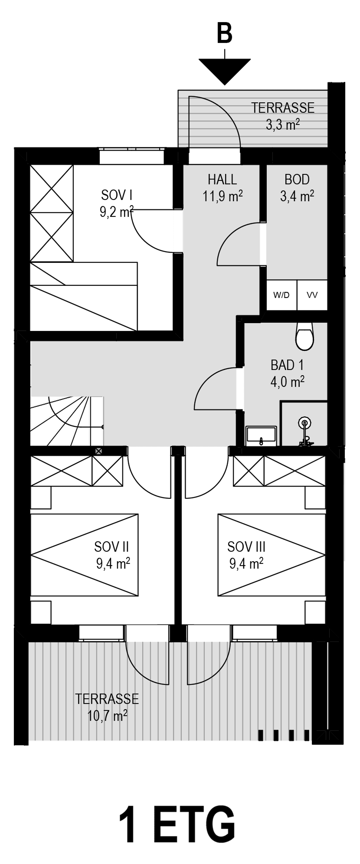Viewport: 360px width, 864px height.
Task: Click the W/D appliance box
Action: [281, 295]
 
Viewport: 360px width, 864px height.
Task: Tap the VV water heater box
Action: [312, 295]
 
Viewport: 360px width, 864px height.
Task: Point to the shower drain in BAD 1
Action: [305, 422]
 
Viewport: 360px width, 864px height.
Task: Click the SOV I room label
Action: [116, 195]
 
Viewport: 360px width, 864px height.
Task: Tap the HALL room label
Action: [222, 179]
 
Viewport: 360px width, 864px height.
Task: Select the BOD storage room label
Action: [297, 179]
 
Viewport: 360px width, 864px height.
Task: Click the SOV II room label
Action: [111, 547]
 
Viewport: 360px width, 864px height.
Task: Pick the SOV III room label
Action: [246, 547]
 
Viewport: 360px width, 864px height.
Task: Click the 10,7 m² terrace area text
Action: [107, 715]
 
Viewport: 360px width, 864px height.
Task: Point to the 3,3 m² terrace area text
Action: [283, 125]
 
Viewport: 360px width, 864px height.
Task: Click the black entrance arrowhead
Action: [225, 70]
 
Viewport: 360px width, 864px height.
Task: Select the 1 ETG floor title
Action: [177, 824]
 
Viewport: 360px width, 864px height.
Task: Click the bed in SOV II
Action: [85, 555]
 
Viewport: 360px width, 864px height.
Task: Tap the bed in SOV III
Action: [272, 555]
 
